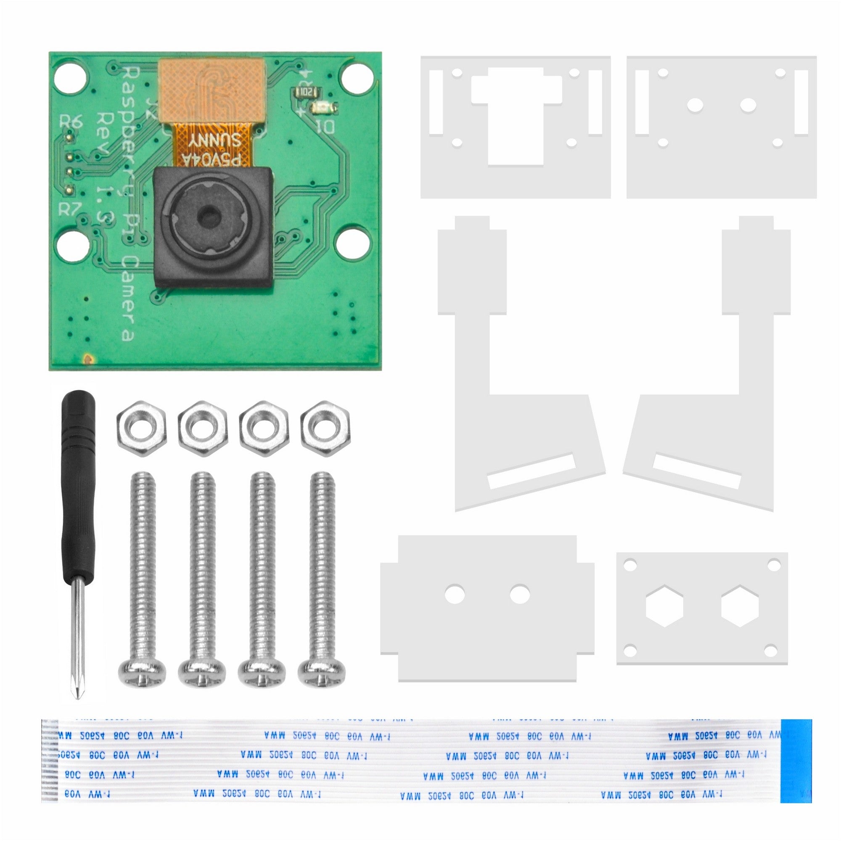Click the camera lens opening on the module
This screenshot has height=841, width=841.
(x=210, y=216)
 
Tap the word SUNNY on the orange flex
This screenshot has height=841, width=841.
(x=214, y=140)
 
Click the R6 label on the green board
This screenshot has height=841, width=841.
(x=71, y=122)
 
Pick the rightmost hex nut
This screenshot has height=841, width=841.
(x=325, y=428)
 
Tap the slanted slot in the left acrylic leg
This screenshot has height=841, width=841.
(x=532, y=471)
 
